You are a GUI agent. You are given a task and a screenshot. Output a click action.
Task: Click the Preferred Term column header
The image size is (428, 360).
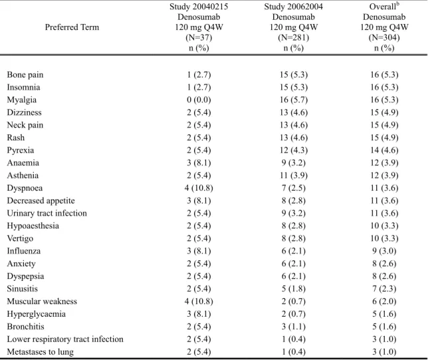click(72, 27)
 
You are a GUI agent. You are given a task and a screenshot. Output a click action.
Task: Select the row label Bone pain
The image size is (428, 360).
click(25, 75)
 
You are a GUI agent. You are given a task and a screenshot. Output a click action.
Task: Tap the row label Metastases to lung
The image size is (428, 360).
click(41, 352)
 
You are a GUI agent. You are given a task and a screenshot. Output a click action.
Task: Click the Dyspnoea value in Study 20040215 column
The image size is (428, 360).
click(199, 188)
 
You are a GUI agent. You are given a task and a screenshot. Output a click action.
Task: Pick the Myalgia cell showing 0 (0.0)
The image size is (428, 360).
click(199, 100)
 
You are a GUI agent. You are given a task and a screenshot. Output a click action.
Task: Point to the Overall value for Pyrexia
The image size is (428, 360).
click(384, 150)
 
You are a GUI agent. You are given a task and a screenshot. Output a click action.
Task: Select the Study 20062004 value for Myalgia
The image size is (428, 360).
click(294, 100)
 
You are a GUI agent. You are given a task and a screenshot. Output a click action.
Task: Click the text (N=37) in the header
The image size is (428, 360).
click(199, 37)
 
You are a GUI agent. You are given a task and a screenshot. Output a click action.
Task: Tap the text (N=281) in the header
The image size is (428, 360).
click(294, 37)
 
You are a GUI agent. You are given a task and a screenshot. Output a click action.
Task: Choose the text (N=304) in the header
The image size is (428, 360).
click(384, 37)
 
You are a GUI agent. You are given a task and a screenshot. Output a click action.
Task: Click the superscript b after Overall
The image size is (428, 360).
click(397, 5)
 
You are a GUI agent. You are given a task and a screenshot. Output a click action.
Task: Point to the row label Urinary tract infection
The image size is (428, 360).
click(47, 213)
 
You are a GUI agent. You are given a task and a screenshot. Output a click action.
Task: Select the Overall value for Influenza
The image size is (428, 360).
click(384, 251)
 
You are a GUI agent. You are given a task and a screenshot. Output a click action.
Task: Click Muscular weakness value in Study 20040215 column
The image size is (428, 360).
click(199, 302)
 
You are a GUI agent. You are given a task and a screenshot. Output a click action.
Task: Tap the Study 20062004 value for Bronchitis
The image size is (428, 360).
click(294, 327)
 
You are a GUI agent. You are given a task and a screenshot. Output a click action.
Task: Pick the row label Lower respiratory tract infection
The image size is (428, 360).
click(65, 339)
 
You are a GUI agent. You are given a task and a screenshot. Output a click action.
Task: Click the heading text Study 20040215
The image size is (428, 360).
click(199, 7)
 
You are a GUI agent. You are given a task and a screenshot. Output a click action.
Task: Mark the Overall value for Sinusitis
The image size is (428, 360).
click(384, 289)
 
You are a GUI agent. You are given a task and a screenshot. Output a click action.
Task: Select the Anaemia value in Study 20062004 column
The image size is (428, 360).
click(294, 163)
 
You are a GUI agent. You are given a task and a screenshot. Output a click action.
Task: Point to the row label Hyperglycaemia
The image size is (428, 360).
click(37, 314)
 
